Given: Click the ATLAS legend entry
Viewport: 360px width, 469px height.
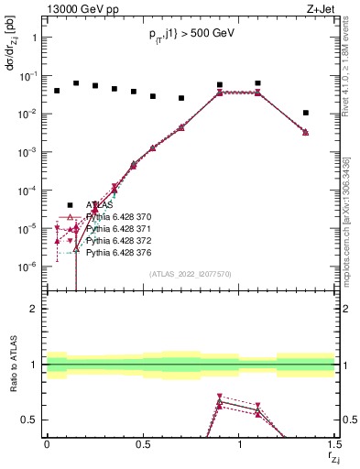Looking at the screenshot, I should tap(99, 205).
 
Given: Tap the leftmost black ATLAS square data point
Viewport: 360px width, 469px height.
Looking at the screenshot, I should tap(57, 91).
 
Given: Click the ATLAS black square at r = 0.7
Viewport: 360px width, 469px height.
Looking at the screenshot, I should tap(181, 98).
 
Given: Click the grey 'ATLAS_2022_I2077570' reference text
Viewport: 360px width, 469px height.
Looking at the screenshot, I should tap(190, 273).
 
